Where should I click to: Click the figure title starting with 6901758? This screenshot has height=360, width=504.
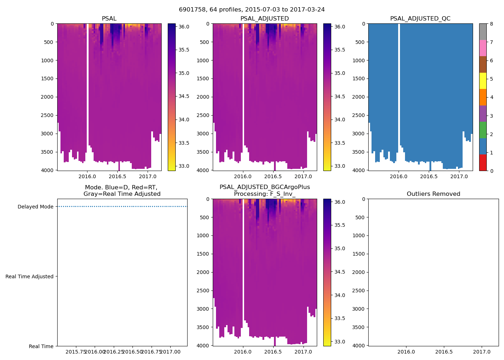[x=252, y=10]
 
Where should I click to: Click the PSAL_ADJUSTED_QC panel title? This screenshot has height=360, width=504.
[x=420, y=19]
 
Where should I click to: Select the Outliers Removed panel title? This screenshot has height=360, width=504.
[x=433, y=194]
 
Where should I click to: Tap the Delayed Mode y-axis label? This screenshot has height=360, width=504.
[x=35, y=207]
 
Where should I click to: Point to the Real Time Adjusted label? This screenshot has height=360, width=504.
[x=30, y=276]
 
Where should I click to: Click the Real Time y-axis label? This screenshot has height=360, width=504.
[x=41, y=346]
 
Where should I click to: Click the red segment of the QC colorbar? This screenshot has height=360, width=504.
[x=483, y=163]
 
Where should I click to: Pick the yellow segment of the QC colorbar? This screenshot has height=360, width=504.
[x=483, y=81]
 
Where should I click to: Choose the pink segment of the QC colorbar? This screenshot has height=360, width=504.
[x=483, y=48]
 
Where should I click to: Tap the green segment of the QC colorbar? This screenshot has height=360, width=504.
[x=483, y=130]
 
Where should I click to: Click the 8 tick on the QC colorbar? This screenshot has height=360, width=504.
[x=491, y=24]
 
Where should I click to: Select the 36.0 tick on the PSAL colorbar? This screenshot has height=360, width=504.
[x=184, y=27]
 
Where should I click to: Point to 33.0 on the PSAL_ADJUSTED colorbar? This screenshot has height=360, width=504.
[x=339, y=166]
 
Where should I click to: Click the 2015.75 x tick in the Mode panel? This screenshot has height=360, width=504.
[x=75, y=352]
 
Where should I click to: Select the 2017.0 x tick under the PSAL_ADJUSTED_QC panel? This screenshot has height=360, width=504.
[x=459, y=176]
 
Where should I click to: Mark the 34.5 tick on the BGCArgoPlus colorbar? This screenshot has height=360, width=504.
[x=339, y=272]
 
